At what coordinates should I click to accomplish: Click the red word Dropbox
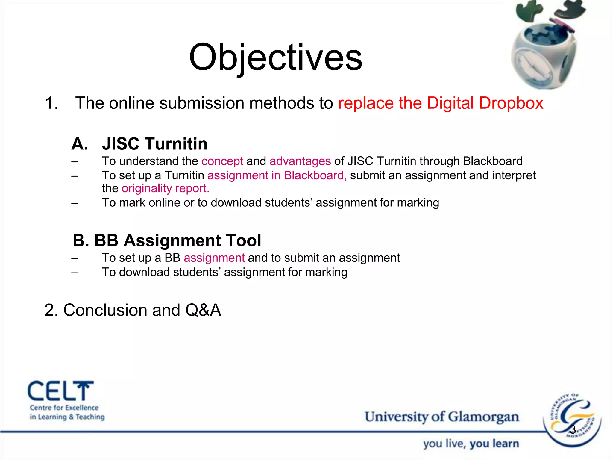point(511,103)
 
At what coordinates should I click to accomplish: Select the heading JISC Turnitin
point(154,144)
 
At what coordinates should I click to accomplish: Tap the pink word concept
point(222,161)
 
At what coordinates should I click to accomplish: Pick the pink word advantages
point(300,161)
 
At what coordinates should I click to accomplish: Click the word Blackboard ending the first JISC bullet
point(492,161)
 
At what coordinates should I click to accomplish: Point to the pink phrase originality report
point(165,188)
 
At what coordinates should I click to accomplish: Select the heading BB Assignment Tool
point(167,240)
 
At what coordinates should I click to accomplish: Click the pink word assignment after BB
point(214,258)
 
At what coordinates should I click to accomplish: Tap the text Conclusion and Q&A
point(133,310)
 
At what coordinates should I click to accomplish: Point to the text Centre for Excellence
point(64,408)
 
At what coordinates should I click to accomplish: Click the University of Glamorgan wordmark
point(441,417)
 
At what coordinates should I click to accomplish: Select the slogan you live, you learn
point(471,444)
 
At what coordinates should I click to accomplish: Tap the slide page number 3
point(573,429)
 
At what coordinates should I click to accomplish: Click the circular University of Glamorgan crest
point(572,421)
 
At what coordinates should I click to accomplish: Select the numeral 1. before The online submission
point(51,103)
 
